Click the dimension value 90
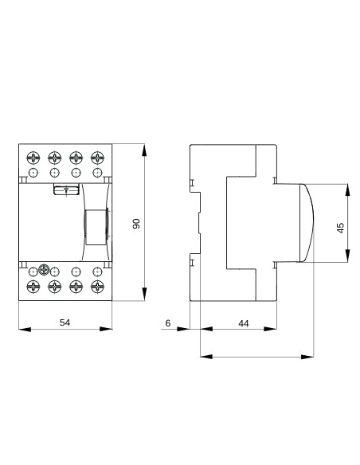coord(136,224)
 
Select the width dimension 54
coord(65,322)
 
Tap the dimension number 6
coord(167,322)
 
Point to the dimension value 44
coord(244,322)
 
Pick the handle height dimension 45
coord(340,227)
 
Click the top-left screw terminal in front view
coord(33,157)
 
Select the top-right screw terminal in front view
coord(96,157)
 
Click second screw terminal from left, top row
coord(54,157)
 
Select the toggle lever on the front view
coord(93,225)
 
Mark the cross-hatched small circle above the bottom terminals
coord(45,271)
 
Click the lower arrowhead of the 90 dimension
coord(145,296)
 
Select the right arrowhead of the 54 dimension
coord(108,329)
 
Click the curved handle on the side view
coord(307,223)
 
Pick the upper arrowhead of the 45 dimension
coord(348,188)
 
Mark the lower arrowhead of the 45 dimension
coord(348,258)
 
